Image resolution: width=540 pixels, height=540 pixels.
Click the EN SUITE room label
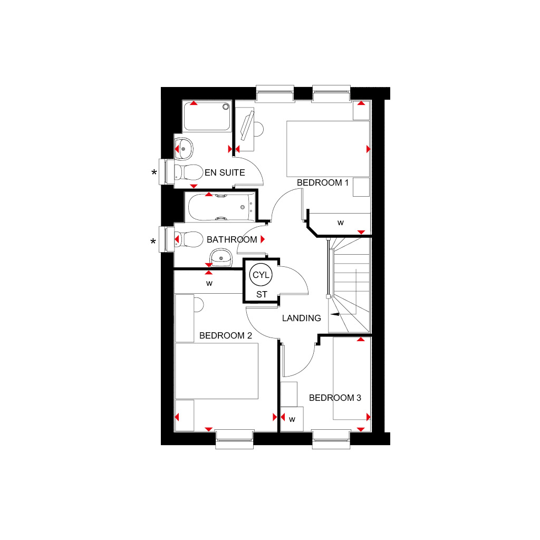[x=225, y=172]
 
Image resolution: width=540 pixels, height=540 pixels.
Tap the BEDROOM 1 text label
[x=323, y=182]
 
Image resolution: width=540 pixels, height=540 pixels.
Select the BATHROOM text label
[x=232, y=239]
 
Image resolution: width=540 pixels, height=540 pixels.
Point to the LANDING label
[x=301, y=318]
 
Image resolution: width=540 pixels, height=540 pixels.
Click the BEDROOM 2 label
[x=225, y=335]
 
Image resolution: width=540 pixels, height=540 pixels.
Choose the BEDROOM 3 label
[x=335, y=398]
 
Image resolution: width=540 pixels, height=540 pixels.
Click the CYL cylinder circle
[x=261, y=275]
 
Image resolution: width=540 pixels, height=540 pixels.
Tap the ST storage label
[x=262, y=294]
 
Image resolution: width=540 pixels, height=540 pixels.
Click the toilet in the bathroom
[x=188, y=240]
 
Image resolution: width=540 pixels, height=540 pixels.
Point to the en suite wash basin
[x=184, y=149]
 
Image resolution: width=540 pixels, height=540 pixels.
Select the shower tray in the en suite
[x=207, y=117]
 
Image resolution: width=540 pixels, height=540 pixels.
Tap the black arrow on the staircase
[x=335, y=314]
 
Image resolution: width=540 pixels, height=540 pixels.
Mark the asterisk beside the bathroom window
[x=153, y=242]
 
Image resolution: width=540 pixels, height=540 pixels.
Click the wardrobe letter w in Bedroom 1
[x=340, y=223]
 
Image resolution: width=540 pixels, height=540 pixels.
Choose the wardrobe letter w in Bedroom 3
[x=292, y=419]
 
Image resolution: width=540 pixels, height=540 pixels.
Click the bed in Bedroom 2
[x=217, y=371]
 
